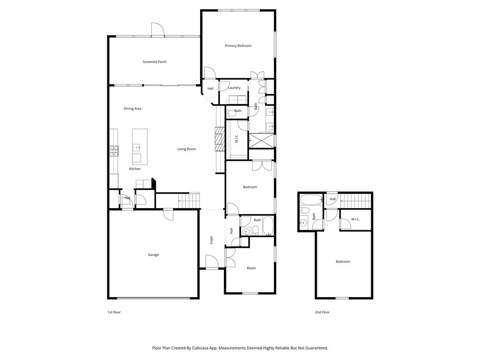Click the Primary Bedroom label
tap(238, 46)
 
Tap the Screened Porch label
tap(155, 62)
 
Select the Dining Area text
tap(133, 109)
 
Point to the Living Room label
tap(187, 149)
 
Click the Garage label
tap(153, 255)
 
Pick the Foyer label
tap(211, 240)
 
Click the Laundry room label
tap(234, 88)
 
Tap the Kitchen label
tap(135, 169)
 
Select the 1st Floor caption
tap(114, 312)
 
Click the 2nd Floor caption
tap(322, 312)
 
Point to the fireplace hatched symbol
tap(219, 139)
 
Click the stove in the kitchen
tap(114, 151)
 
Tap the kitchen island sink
tap(136, 148)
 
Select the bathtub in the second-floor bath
tap(311, 200)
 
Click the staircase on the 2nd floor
tap(355, 201)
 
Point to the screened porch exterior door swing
tap(158, 30)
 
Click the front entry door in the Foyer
tap(211, 262)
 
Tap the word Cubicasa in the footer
tap(202, 348)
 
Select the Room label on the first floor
tap(251, 268)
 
